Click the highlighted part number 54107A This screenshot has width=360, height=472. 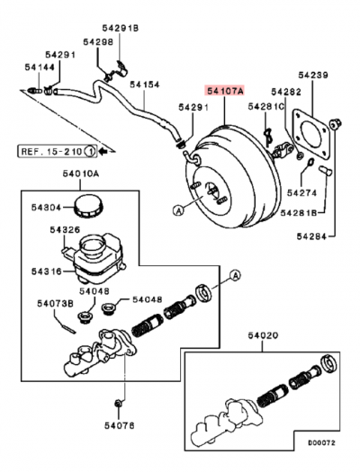click(x=225, y=90)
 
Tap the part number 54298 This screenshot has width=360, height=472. click(x=98, y=42)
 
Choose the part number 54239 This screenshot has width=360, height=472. click(x=314, y=76)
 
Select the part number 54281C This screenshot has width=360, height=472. click(x=266, y=107)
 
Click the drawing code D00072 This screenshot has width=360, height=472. click(x=320, y=443)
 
